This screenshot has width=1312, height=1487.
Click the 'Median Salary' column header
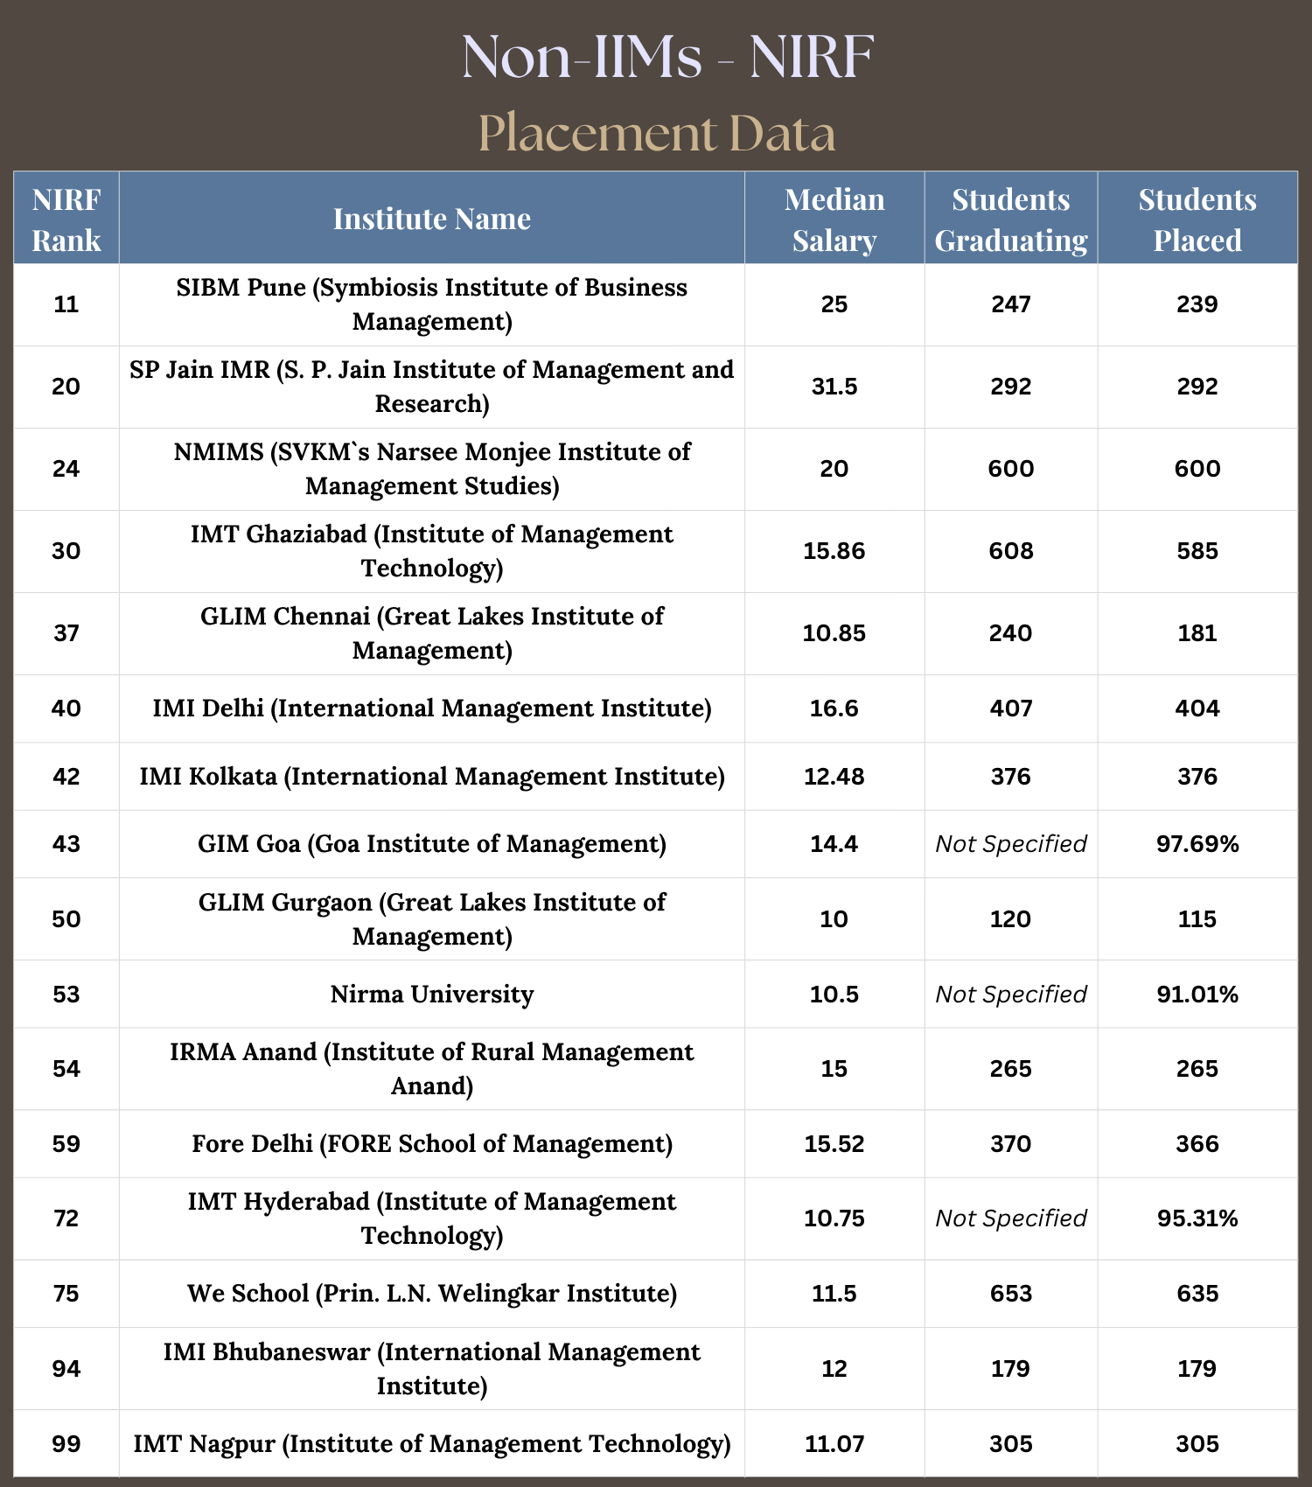[x=834, y=219]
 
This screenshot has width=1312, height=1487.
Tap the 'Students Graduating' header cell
[x=1011, y=219]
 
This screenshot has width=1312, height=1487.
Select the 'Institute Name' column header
[x=432, y=219]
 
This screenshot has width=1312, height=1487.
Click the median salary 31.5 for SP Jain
[x=834, y=387]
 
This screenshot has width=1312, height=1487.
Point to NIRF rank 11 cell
[x=66, y=304]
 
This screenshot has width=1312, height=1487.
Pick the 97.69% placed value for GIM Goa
[x=1197, y=844]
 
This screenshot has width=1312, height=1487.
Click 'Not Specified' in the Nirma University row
[x=1011, y=995]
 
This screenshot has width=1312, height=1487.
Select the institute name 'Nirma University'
[x=432, y=995]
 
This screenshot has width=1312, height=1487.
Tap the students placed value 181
[x=1197, y=633]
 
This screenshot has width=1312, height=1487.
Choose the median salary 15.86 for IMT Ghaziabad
[x=834, y=551]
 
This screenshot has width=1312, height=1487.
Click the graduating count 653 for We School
[x=1011, y=1294]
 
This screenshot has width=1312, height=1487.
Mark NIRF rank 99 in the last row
[x=66, y=1444]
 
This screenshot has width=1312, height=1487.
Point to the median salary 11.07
[x=834, y=1444]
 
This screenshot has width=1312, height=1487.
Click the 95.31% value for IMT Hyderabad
[x=1197, y=1218]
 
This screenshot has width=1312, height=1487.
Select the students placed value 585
[x=1197, y=551]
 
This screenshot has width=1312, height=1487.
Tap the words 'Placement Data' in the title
[x=657, y=133]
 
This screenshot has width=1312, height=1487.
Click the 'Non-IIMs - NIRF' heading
[x=667, y=57]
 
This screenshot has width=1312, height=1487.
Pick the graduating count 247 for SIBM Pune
[x=1011, y=304]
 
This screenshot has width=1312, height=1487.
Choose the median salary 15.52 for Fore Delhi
[x=834, y=1144]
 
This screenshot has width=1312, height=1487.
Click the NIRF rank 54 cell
[x=66, y=1069]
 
